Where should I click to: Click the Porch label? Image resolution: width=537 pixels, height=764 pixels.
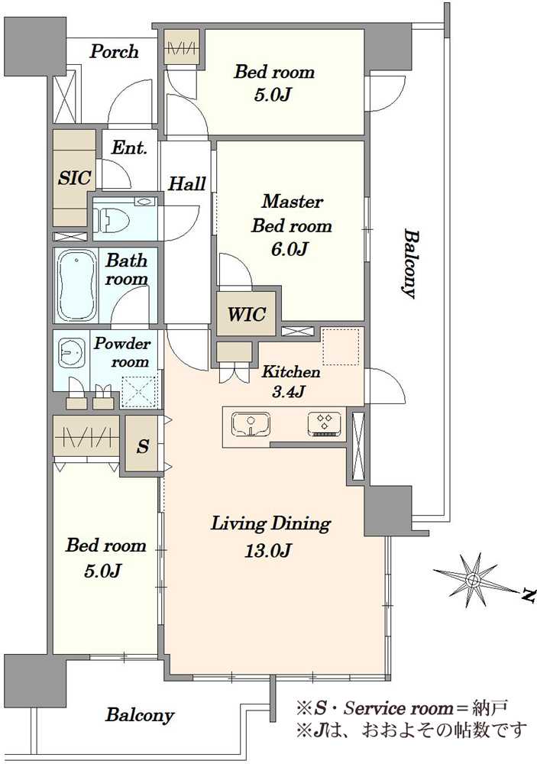pyautogui.click(x=115, y=52)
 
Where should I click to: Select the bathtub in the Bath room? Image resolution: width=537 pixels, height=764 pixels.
pyautogui.click(x=76, y=285)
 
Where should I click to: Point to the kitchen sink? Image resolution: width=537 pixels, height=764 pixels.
pyautogui.click(x=251, y=424)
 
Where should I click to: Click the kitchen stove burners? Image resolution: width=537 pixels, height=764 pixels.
pyautogui.click(x=325, y=423)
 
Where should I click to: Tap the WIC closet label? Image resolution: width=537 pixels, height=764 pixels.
pyautogui.click(x=246, y=314)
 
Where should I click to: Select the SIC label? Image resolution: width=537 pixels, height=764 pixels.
pyautogui.click(x=75, y=178)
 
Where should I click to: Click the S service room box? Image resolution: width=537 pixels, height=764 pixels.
pyautogui.click(x=142, y=444)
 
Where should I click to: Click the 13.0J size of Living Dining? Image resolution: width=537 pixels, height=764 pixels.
pyautogui.click(x=269, y=551)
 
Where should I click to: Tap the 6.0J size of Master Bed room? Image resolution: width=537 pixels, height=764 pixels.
pyautogui.click(x=290, y=250)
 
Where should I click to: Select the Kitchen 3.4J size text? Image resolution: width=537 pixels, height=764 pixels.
pyautogui.click(x=289, y=391)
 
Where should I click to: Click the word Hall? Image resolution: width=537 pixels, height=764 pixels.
pyautogui.click(x=186, y=183)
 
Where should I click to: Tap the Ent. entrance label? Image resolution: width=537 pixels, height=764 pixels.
pyautogui.click(x=129, y=147)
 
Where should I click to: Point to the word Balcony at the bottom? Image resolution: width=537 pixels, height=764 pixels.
pyautogui.click(x=140, y=715)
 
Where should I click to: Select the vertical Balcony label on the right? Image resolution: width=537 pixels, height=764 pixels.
pyautogui.click(x=409, y=264)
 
